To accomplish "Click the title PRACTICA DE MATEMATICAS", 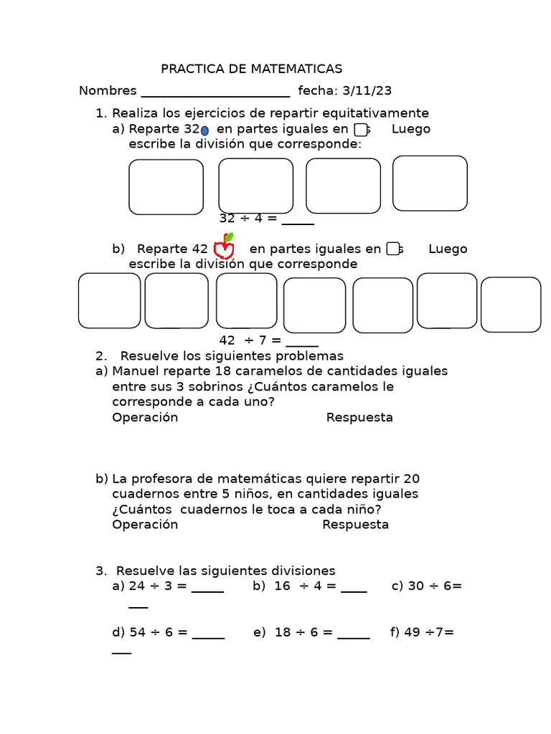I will pos(251,69).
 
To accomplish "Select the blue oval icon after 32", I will pos(204,130).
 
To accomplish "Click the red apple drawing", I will pos(225,247).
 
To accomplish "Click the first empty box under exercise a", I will pos(166,187).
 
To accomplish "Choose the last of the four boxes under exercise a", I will pos(430,183).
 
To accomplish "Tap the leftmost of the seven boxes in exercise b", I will pos(109,300).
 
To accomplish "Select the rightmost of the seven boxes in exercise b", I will pos(511,305).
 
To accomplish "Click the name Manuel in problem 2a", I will pos(135,371).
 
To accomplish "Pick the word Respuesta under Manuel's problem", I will pos(359,417).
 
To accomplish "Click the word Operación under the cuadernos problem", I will pos(145,524).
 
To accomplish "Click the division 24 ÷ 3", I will pos(151,586).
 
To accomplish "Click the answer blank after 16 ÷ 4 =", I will pos(354,588).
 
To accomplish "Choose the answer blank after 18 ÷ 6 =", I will pos(353,635).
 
